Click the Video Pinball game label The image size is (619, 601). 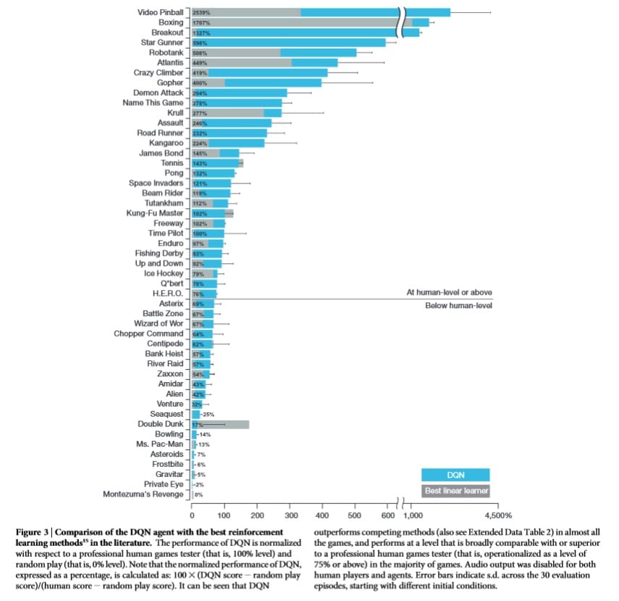coord(160,12)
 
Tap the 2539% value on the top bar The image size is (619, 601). coord(201,13)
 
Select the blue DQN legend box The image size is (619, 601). coord(455,475)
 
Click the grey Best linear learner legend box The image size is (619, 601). coord(455,491)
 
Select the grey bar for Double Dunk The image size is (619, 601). coord(221,424)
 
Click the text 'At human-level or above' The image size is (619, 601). coord(449,292)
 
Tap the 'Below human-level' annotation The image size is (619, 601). coord(459,306)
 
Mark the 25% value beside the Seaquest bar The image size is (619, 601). coord(209,414)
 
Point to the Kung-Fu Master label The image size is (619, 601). coord(155,213)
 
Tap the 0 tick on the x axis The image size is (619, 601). coord(192,515)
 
